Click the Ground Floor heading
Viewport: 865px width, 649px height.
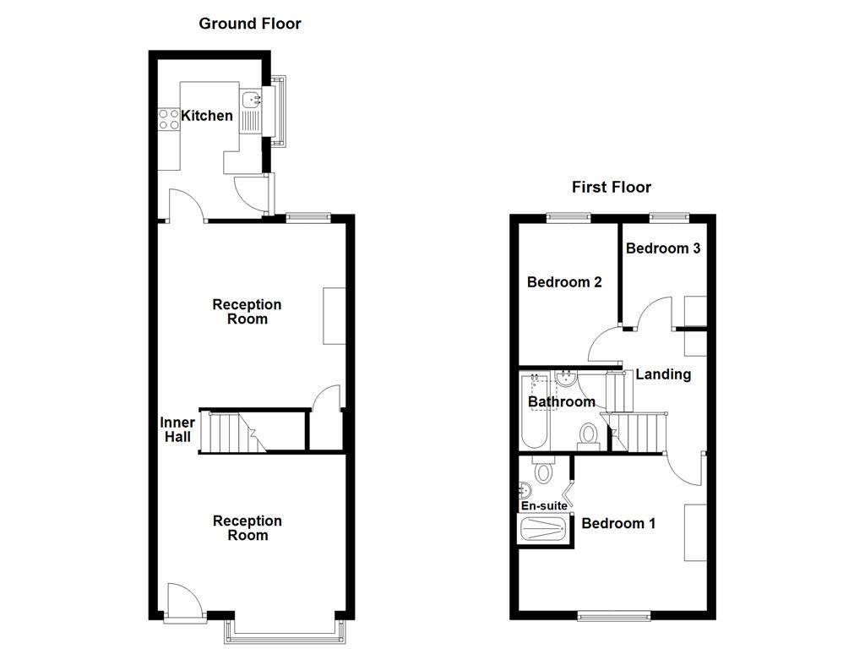(x=250, y=24)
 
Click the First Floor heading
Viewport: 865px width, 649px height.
(x=612, y=187)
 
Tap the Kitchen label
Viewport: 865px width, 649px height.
(x=208, y=116)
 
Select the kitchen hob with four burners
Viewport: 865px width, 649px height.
(x=169, y=119)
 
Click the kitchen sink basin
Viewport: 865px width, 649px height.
(x=252, y=101)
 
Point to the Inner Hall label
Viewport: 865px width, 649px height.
(x=177, y=429)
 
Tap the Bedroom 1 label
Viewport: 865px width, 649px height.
(x=618, y=524)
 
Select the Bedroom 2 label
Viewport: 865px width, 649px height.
(x=564, y=282)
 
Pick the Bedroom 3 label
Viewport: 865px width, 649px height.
(x=663, y=248)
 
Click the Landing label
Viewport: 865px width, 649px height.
(x=663, y=374)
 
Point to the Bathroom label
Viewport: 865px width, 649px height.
(x=562, y=402)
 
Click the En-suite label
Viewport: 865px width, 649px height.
(x=544, y=506)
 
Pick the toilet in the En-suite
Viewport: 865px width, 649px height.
(x=543, y=471)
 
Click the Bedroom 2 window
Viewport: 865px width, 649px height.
(x=568, y=217)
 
